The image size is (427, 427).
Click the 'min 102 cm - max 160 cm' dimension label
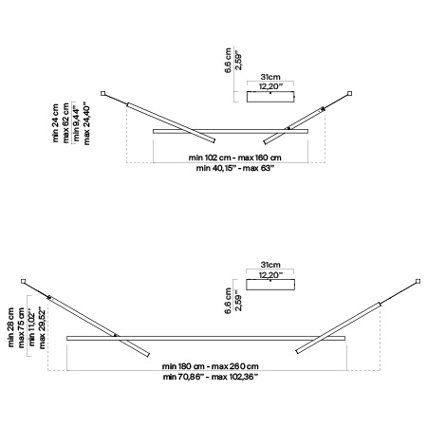[234, 158]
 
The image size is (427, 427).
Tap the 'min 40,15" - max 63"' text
[234, 168]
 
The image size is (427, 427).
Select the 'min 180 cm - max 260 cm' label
[211, 366]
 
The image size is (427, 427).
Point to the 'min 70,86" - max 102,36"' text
[211, 377]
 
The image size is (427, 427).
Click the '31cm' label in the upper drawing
[270, 77]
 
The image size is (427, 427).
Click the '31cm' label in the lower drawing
[270, 265]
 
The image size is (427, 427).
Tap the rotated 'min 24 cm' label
[56, 122]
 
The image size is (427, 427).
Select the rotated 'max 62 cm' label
[65, 122]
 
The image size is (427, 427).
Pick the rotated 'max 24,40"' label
[86, 123]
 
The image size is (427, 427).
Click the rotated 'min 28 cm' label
[10, 327]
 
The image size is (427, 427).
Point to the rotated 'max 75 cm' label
[21, 327]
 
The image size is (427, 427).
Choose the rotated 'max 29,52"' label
[42, 327]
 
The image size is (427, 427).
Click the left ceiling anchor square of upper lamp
[102, 93]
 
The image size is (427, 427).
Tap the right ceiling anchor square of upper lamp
[349, 93]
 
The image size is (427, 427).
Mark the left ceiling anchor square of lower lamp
[23, 281]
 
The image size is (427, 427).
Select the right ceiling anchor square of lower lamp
[418, 281]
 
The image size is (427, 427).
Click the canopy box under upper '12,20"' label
[270, 97]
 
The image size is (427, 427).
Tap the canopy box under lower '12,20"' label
[270, 285]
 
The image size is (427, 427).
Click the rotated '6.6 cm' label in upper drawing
[228, 61]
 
